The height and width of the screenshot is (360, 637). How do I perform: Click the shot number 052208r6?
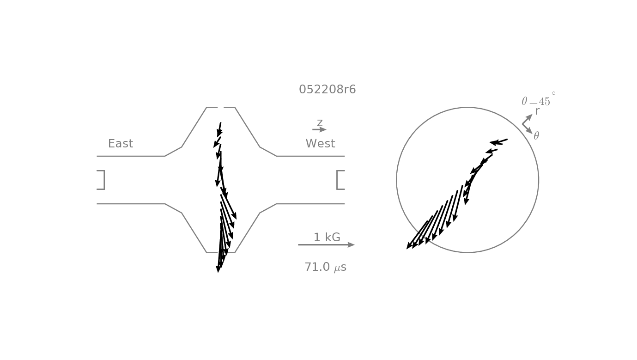328,89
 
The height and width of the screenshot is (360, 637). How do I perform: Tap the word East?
120,143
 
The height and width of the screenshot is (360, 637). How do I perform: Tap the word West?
320,143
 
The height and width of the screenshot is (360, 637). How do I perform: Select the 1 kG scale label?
327,237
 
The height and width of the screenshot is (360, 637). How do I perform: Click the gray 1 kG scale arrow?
326,245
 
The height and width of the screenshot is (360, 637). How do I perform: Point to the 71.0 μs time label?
326,267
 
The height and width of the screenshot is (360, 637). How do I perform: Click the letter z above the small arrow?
320,122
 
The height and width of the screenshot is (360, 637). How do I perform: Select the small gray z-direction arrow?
319,129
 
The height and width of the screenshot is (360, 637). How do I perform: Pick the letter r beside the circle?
537,111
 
